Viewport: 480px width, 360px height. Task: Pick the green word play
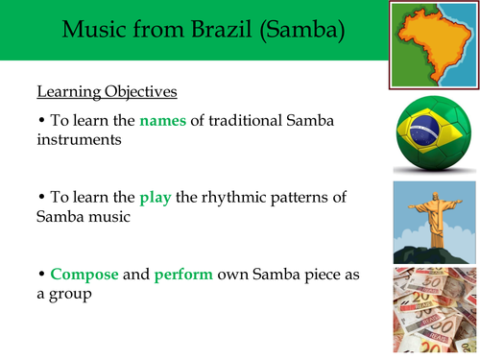155,198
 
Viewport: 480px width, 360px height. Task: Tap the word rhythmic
217,198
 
